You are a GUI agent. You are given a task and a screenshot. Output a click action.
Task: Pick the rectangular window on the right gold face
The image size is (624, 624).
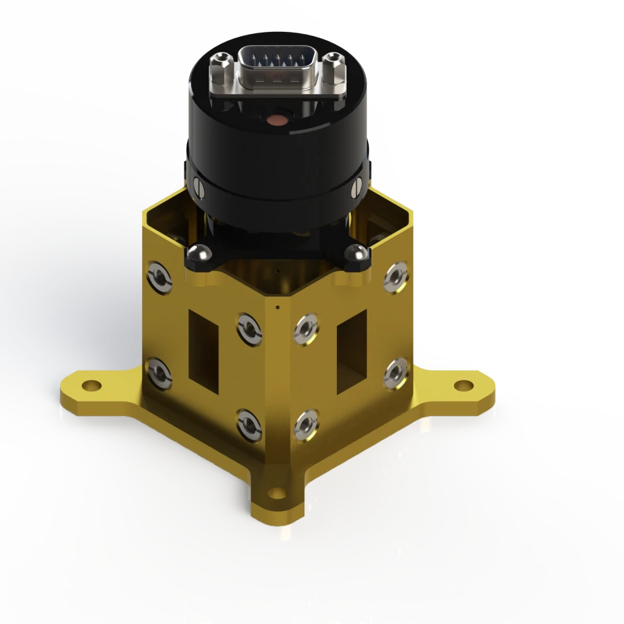pos(352,345)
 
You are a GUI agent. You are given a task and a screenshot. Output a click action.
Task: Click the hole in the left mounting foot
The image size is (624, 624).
pos(91,385)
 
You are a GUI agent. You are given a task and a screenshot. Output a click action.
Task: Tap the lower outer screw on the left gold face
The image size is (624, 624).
pos(159,373)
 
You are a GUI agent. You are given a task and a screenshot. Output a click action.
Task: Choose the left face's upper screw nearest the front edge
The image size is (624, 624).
pos(248,327)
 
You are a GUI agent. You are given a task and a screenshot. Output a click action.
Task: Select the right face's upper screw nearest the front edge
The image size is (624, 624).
pos(306,328)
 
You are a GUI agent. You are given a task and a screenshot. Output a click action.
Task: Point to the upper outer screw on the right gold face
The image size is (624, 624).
pos(396,277)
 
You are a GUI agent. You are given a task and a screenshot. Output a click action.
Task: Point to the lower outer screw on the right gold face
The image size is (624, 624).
pos(396,372)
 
